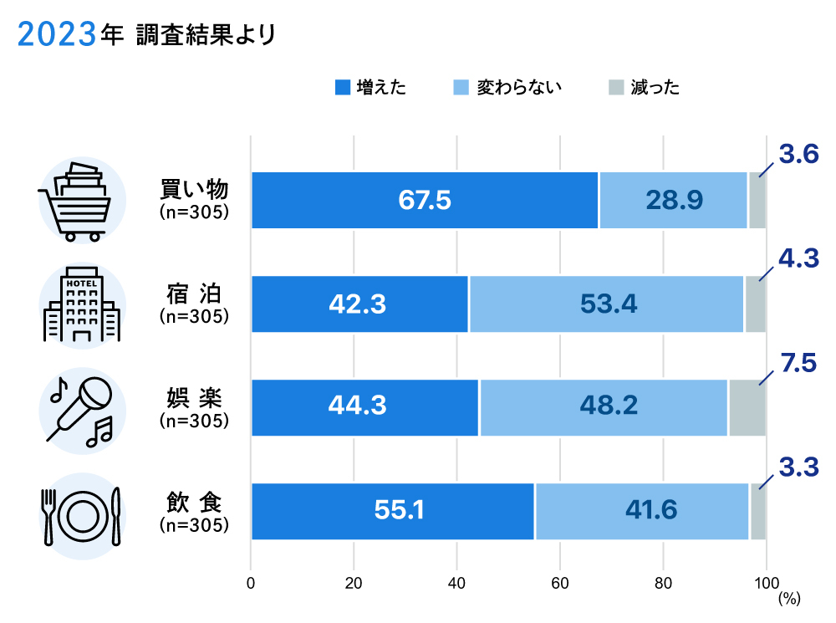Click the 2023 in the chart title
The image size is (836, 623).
[54, 35]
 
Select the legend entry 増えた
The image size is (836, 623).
[370, 87]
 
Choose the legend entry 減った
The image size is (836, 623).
[644, 87]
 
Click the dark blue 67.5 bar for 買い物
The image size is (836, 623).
[425, 201]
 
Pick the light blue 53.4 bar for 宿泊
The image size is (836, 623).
[607, 304]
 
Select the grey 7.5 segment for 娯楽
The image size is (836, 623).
[747, 408]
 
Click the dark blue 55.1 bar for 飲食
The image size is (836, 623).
[393, 512]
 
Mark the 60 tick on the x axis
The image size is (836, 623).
[560, 583]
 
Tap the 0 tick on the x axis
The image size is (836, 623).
[251, 583]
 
